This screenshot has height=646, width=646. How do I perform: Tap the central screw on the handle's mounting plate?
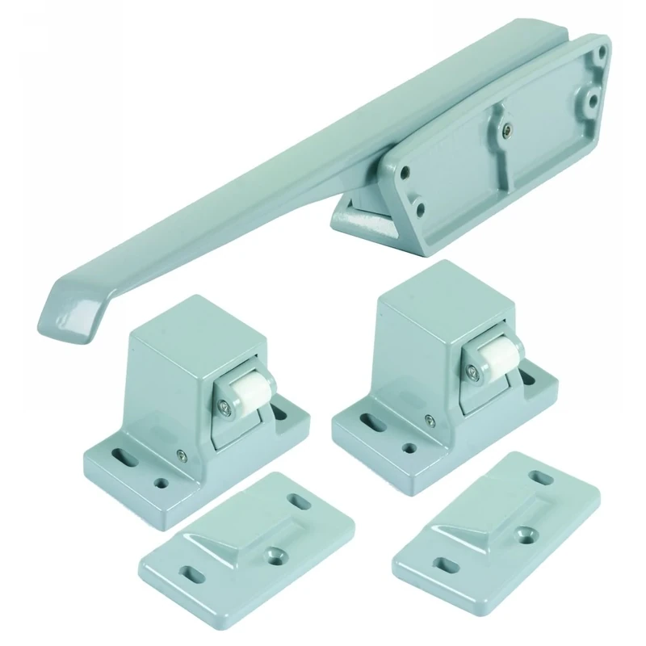click(505, 127)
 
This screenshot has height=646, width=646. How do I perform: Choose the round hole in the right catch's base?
click(409, 447)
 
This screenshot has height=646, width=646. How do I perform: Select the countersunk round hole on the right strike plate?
click(529, 535)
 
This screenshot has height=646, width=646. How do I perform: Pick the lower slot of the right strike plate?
click(443, 561)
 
